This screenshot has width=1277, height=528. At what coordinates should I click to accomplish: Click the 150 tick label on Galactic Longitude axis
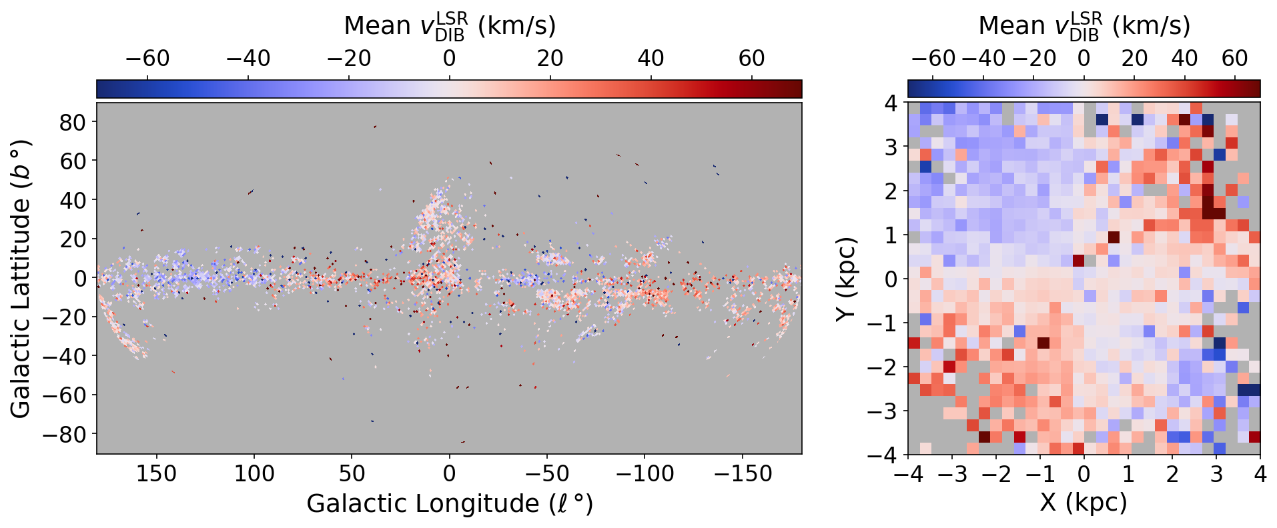point(156,474)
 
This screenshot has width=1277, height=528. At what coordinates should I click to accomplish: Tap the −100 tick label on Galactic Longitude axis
point(644,474)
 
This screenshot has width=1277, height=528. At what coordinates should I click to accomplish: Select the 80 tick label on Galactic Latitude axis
point(73,123)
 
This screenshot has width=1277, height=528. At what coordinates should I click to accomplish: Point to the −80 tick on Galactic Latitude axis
point(97,434)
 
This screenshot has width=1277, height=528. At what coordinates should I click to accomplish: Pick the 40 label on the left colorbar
point(651,59)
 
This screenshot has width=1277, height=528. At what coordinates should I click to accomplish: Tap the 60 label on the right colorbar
point(1234,59)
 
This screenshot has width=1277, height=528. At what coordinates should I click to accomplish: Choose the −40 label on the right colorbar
point(983,59)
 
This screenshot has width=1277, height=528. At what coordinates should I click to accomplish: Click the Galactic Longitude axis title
point(449,504)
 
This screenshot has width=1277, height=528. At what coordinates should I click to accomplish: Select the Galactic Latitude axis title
point(21,278)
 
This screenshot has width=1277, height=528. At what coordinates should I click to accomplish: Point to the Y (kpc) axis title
point(846,278)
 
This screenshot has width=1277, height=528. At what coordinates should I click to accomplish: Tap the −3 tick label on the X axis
point(952,474)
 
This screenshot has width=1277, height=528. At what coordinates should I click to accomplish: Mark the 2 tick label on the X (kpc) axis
point(1172,474)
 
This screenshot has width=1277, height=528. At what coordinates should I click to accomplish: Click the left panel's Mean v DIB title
point(449,26)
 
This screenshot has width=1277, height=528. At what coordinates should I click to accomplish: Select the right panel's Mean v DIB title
point(1084,26)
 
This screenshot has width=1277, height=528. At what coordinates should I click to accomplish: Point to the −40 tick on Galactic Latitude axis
point(97,356)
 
